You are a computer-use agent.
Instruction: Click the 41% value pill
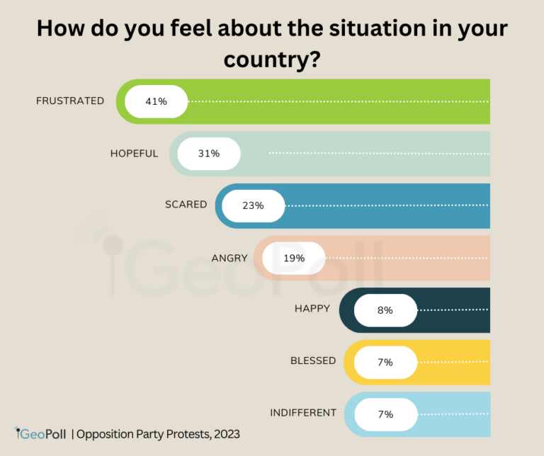156,101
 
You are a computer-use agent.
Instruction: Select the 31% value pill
209,154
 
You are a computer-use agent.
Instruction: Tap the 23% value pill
253,205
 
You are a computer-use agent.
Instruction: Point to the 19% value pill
294,258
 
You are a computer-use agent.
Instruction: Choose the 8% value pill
385,310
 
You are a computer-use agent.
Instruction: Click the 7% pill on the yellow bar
385,362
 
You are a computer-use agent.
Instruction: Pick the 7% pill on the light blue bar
385,414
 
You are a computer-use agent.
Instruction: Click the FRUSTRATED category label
70,101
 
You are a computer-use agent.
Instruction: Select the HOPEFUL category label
134,153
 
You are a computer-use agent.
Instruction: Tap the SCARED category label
186,205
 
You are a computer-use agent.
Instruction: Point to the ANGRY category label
229,258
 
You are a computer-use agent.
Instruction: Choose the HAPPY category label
312,309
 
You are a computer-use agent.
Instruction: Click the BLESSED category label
313,360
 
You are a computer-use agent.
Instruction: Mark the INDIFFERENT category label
302,413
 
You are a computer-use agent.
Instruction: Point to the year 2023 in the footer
225,433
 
